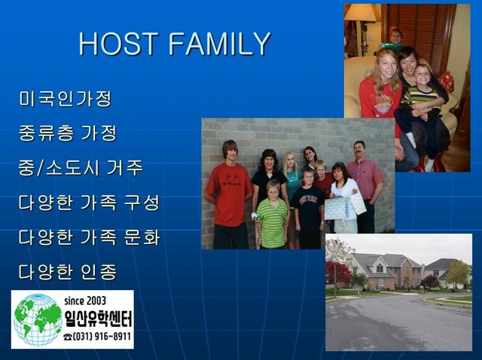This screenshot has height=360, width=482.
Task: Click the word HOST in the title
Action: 119,44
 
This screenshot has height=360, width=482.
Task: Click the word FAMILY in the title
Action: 220,44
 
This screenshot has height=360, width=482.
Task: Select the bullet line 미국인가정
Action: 66,99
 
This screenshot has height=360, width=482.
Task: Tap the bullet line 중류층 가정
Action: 68,133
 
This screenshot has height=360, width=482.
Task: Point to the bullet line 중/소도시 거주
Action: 81,167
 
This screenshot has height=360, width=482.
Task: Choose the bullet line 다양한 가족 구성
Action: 90,203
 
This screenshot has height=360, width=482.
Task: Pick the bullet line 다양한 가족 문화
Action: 90,237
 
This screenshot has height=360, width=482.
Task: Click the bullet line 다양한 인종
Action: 68,272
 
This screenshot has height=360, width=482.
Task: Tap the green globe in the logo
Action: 38,320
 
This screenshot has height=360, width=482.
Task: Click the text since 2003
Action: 85,301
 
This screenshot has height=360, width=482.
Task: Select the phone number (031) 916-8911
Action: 97,337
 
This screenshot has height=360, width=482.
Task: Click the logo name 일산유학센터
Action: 98,319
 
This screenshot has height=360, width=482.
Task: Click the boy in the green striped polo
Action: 272,215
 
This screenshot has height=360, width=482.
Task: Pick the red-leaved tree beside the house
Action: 338,273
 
